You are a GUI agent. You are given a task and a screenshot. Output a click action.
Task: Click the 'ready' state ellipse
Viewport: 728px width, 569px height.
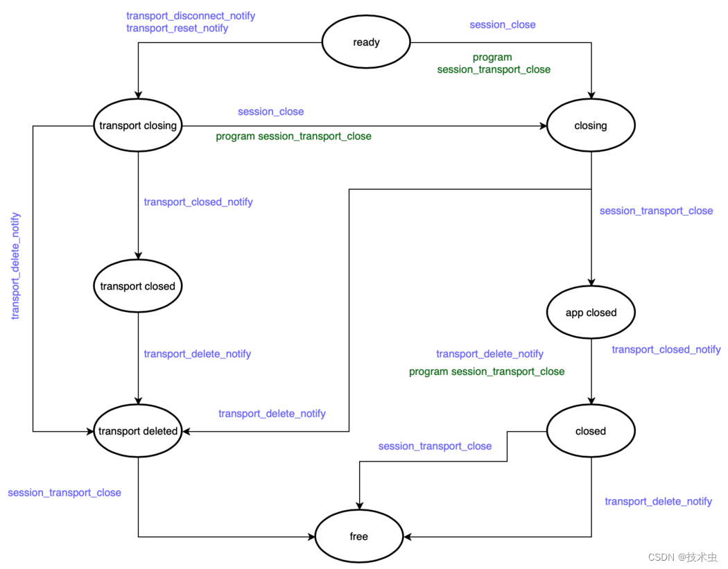pyautogui.click(x=366, y=42)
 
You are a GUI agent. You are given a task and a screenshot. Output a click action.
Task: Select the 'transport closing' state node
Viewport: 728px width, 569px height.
pyautogui.click(x=138, y=126)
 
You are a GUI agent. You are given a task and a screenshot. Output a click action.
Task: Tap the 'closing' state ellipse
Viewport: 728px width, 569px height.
pyautogui.click(x=591, y=126)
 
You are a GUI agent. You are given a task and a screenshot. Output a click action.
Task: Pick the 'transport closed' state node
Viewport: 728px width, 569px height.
pyautogui.click(x=138, y=286)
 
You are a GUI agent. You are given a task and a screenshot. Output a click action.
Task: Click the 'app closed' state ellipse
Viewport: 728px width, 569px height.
pyautogui.click(x=591, y=313)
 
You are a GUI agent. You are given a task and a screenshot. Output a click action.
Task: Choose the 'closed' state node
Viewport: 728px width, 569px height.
pyautogui.click(x=591, y=431)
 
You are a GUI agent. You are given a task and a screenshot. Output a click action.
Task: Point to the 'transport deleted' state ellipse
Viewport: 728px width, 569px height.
pyautogui.click(x=138, y=431)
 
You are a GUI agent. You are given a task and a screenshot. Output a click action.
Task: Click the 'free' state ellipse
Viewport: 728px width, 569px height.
pyautogui.click(x=359, y=536)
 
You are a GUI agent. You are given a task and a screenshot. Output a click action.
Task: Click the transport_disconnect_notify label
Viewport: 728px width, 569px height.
pyautogui.click(x=191, y=16)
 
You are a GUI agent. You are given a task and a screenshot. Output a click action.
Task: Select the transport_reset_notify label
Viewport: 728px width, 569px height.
pyautogui.click(x=177, y=28)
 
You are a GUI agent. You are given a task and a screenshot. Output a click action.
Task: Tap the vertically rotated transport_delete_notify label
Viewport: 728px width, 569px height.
pyautogui.click(x=16, y=266)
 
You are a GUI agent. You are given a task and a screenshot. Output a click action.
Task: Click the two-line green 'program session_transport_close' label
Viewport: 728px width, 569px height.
pyautogui.click(x=493, y=64)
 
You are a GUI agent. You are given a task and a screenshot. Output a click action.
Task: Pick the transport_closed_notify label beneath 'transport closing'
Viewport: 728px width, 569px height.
pyautogui.click(x=198, y=202)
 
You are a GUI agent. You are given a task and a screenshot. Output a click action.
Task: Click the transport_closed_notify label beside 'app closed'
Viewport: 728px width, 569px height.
pyautogui.click(x=666, y=349)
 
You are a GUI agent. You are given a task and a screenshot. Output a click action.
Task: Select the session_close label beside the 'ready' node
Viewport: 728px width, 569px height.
pyautogui.click(x=503, y=25)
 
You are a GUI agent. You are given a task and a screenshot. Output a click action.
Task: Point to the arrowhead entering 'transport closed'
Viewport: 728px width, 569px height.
pyautogui.click(x=138, y=256)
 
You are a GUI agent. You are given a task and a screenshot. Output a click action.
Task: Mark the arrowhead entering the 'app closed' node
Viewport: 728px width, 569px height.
pyautogui.click(x=591, y=282)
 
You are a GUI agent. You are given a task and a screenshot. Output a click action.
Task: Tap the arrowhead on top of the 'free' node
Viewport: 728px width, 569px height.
pyautogui.click(x=359, y=507)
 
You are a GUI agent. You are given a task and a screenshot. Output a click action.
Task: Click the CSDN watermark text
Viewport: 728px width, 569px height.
pyautogui.click(x=682, y=557)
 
